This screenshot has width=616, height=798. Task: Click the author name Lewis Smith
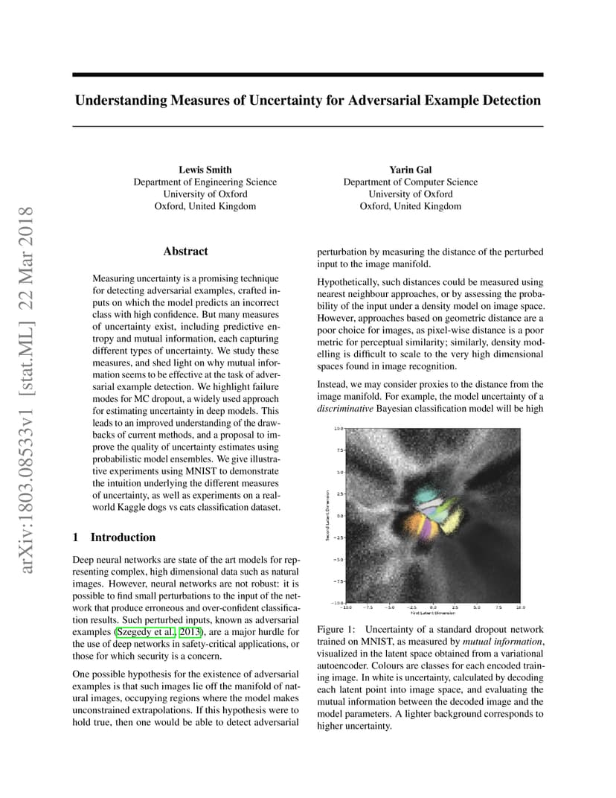click(205, 170)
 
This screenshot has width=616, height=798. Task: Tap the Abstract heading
click(185, 252)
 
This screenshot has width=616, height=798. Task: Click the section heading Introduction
click(123, 537)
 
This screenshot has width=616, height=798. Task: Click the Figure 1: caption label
click(335, 630)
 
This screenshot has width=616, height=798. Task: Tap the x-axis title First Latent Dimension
click(434, 613)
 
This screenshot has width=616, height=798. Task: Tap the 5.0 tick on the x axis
click(477, 607)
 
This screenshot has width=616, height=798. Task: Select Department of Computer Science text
click(410, 182)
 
